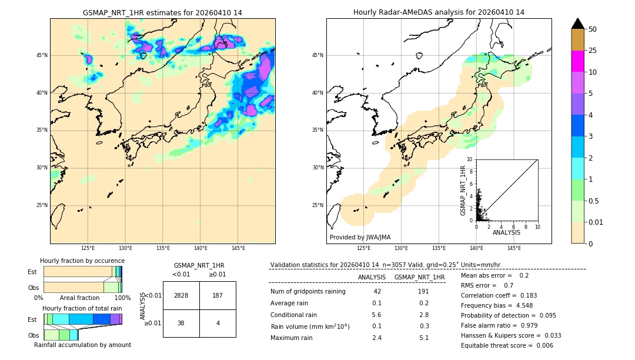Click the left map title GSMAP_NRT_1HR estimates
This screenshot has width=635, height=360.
click(x=162, y=12)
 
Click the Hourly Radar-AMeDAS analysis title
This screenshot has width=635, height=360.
click(x=439, y=12)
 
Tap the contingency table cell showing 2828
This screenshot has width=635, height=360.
click(x=181, y=295)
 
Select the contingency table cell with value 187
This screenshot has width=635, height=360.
click(x=218, y=295)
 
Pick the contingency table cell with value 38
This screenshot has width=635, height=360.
click(x=181, y=323)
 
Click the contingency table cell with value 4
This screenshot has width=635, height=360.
click(x=218, y=323)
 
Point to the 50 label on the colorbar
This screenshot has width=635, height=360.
click(x=593, y=29)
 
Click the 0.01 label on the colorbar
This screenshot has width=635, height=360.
click(x=596, y=222)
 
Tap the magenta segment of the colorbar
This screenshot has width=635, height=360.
click(x=578, y=61)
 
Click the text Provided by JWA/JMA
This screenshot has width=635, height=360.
click(x=360, y=238)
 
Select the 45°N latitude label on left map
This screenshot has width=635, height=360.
click(x=42, y=55)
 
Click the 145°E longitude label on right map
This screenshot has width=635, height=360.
click(x=514, y=248)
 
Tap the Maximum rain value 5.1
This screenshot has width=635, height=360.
click(x=423, y=338)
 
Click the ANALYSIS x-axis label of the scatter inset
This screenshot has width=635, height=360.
click(x=506, y=233)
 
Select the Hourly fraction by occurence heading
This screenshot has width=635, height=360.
click(x=82, y=261)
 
